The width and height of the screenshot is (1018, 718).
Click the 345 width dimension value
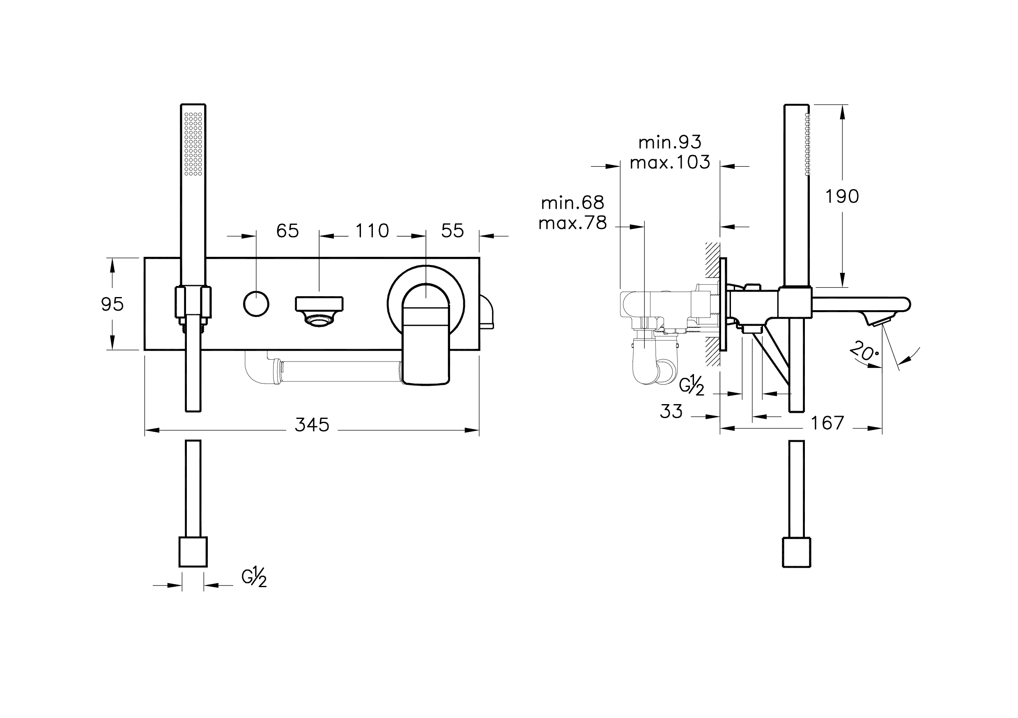[x=312, y=425]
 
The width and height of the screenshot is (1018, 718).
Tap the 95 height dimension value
[x=112, y=304]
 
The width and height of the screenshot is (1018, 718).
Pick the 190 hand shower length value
[x=841, y=196]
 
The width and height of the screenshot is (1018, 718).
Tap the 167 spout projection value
[x=827, y=423]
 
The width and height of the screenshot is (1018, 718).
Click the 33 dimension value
[x=671, y=412]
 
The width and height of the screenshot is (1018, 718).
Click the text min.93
[x=669, y=142]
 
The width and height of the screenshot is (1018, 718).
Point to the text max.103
[x=669, y=162]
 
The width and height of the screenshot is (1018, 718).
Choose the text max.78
[x=572, y=223]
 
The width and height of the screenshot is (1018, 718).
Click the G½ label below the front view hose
[x=254, y=579]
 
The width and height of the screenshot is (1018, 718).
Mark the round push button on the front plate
[x=256, y=304]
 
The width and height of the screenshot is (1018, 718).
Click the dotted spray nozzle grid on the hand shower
[x=193, y=144]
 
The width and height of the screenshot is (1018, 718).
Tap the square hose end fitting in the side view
[x=796, y=552]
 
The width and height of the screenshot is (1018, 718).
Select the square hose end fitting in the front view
[x=193, y=552]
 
